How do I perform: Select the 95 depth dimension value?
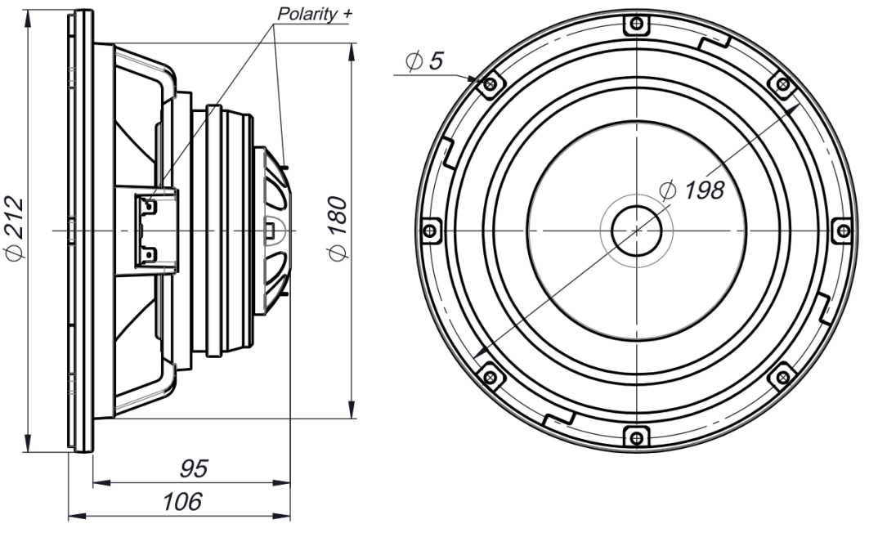pyautogui.click(x=193, y=469)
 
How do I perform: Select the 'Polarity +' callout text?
pyautogui.click(x=313, y=15)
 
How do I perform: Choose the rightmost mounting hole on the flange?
pyautogui.click(x=841, y=231)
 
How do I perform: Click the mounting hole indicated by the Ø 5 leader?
pyautogui.click(x=490, y=85)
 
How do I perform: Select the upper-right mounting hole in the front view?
pyautogui.click(x=782, y=85)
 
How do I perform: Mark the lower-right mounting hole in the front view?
pyautogui.click(x=782, y=376)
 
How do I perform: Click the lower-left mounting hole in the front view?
pyautogui.click(x=490, y=376)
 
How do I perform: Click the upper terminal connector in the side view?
pyautogui.click(x=149, y=206)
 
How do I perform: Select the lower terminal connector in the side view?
pyautogui.click(x=149, y=255)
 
